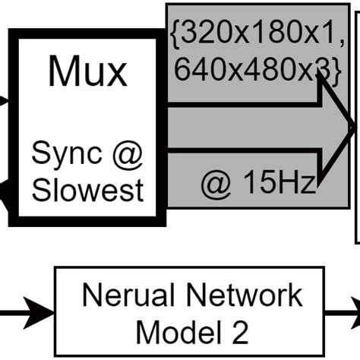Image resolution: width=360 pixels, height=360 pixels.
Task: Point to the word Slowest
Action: tap(87, 189)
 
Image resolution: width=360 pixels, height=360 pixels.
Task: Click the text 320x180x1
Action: tap(262, 34)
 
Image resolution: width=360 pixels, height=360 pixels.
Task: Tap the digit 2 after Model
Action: tap(232, 330)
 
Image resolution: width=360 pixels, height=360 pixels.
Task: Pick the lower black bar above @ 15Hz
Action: tap(243, 155)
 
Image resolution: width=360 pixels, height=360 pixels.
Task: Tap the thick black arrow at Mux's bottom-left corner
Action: tap(6, 199)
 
